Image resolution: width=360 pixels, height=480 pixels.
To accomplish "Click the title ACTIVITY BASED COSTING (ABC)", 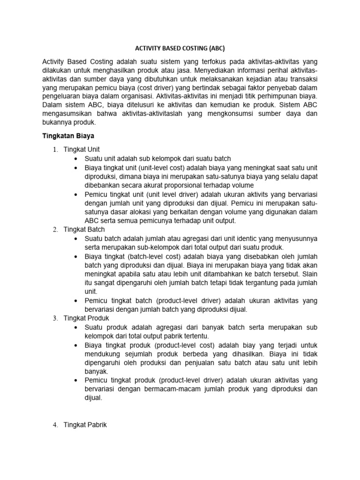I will click(x=180, y=47).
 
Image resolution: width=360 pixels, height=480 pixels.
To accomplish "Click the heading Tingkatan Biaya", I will click(x=69, y=136).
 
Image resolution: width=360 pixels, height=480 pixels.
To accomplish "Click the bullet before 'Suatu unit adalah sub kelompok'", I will click(x=77, y=158).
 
